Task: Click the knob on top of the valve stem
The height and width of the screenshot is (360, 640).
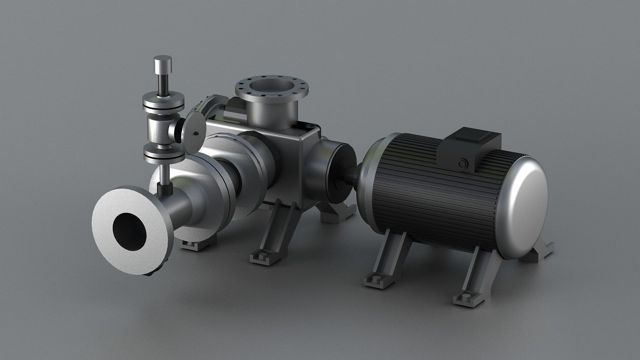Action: pyautogui.click(x=163, y=64)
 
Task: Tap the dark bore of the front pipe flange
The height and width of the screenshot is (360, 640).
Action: pyautogui.click(x=130, y=231)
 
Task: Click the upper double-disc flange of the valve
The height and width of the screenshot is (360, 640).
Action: pyautogui.click(x=163, y=104)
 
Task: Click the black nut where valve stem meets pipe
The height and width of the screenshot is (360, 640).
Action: pyautogui.click(x=164, y=190)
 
